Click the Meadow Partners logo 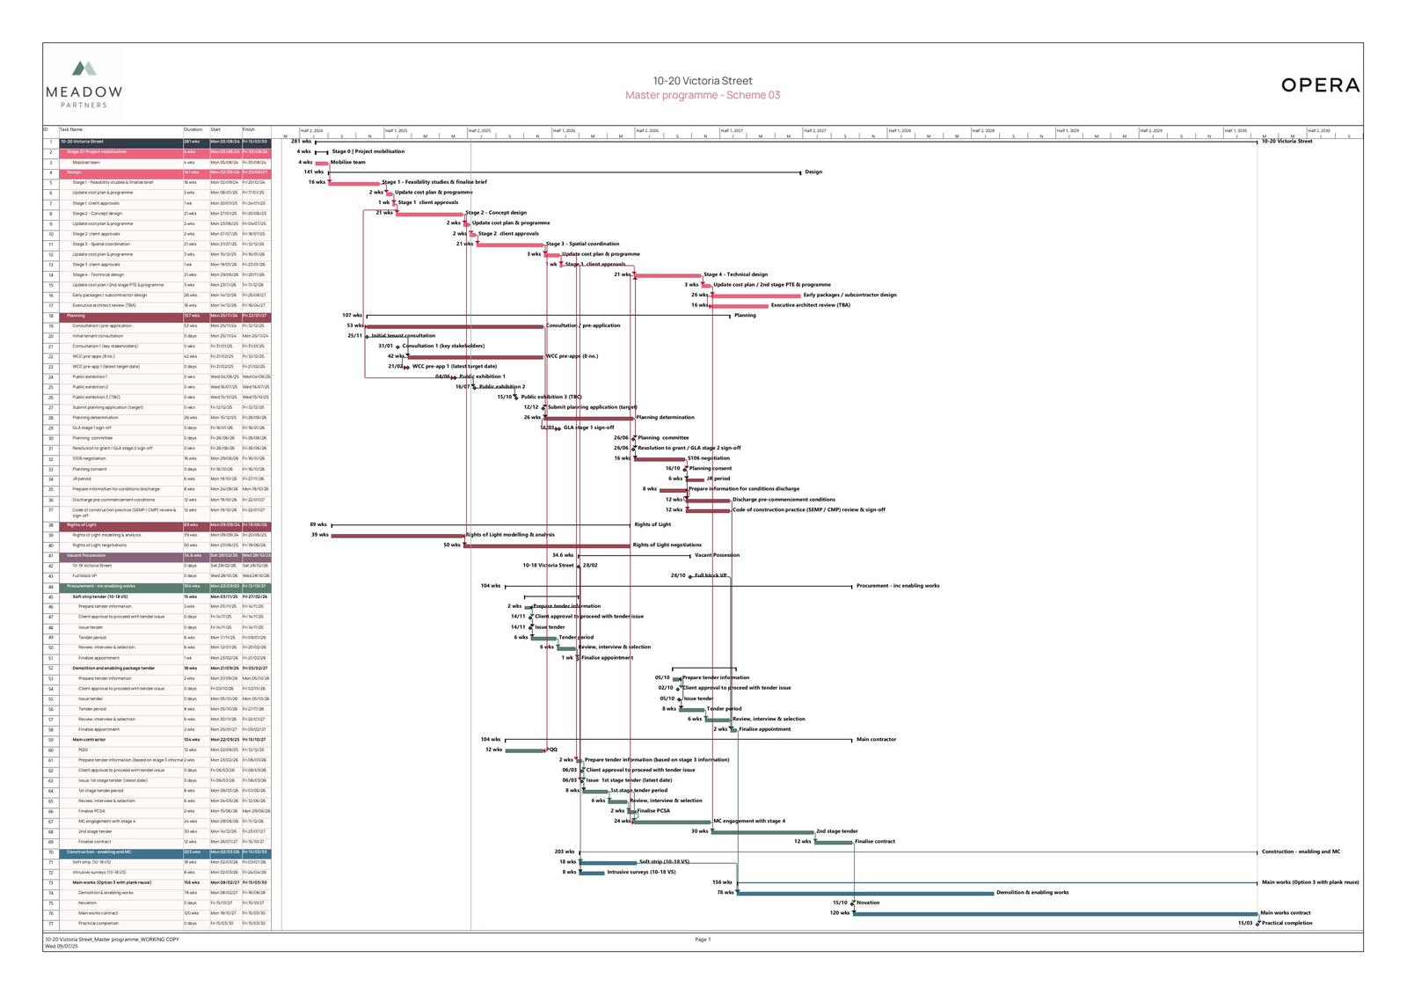[x=84, y=84]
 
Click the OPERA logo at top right [x=1320, y=85]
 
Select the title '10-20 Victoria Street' [x=703, y=81]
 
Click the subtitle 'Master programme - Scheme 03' [x=703, y=95]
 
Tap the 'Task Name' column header [x=71, y=129]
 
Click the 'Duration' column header [x=193, y=129]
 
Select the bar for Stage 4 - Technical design [x=667, y=275]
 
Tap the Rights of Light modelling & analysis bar [x=397, y=535]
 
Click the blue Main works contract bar [x=1055, y=914]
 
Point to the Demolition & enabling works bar [x=865, y=893]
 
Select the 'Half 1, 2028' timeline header [x=900, y=130]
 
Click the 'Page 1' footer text [x=703, y=940]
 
